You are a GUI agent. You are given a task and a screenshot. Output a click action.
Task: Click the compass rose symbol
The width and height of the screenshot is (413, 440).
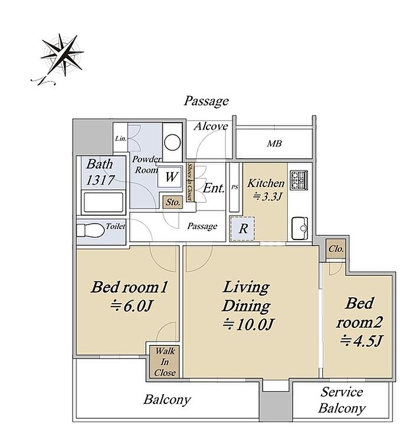(x=63, y=55)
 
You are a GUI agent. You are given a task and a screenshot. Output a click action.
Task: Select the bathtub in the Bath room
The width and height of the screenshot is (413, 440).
(x=103, y=202)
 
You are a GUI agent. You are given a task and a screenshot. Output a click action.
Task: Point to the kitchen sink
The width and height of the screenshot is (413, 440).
(x=300, y=228)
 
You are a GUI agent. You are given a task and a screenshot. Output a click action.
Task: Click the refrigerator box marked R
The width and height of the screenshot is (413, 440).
(x=242, y=228)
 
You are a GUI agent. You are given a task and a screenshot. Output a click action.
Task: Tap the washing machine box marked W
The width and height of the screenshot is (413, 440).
(x=169, y=177)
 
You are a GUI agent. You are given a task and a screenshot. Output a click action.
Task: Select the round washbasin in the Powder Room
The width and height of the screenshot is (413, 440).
(x=172, y=143)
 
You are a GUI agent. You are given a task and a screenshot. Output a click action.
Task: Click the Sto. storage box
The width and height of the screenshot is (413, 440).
(x=173, y=202)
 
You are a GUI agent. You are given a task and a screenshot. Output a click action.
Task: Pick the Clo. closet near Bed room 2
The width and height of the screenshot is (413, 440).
(x=336, y=249)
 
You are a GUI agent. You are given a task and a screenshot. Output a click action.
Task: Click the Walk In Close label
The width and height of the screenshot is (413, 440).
(x=165, y=362)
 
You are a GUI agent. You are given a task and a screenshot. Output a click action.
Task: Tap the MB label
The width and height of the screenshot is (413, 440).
(x=274, y=144)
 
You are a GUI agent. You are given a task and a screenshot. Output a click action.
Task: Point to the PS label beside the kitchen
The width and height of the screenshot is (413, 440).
(x=234, y=187)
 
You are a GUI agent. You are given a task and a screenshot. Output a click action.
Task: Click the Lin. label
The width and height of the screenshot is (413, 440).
(x=121, y=139)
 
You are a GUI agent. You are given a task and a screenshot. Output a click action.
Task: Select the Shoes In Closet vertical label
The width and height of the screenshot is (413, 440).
(x=190, y=181)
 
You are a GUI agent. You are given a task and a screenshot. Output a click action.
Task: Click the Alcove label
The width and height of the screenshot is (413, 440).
(x=211, y=127)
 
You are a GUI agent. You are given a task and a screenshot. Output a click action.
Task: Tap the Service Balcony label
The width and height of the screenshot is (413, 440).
(x=342, y=400)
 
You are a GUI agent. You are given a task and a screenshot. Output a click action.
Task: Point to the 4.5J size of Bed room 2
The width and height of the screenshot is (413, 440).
(x=360, y=342)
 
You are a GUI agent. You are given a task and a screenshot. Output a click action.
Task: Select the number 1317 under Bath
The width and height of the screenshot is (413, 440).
(x=100, y=180)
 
